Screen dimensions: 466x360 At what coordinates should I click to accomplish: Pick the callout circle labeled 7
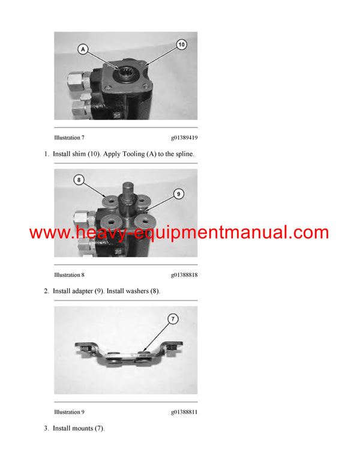[173, 319]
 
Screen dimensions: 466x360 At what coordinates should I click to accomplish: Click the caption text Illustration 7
[69, 138]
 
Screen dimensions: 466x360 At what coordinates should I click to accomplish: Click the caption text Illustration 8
[69, 275]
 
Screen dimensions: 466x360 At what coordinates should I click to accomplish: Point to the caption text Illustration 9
[69, 412]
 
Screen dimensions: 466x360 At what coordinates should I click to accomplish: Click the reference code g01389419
[184, 138]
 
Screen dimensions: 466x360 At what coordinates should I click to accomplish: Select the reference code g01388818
[184, 275]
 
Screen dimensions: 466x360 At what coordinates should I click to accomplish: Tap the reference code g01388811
[184, 412]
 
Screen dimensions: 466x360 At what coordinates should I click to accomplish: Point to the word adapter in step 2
[80, 291]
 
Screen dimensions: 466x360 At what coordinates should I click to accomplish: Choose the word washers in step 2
[136, 291]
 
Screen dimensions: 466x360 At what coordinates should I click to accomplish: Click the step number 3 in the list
[46, 428]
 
